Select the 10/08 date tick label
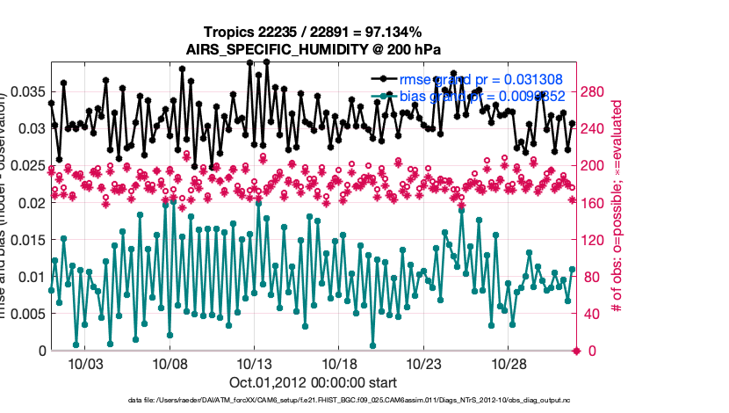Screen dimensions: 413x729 [x=171, y=364]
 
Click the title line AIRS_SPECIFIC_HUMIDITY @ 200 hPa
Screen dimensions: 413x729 [x=314, y=49]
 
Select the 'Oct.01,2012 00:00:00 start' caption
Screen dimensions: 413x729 [x=314, y=382]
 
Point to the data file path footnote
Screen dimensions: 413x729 [x=314, y=401]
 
